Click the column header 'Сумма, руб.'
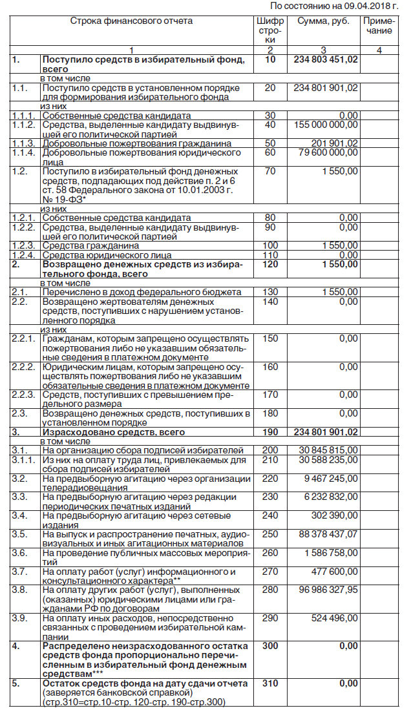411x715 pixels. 323,21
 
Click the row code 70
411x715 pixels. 270,171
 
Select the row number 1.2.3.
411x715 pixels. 23,245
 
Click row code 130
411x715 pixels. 270,292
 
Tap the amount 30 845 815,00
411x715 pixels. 329,450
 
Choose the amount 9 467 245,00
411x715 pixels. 331,479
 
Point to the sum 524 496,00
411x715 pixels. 333,618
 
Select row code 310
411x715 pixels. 270,683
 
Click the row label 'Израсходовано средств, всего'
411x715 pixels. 114,431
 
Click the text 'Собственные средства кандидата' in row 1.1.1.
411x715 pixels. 116,115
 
